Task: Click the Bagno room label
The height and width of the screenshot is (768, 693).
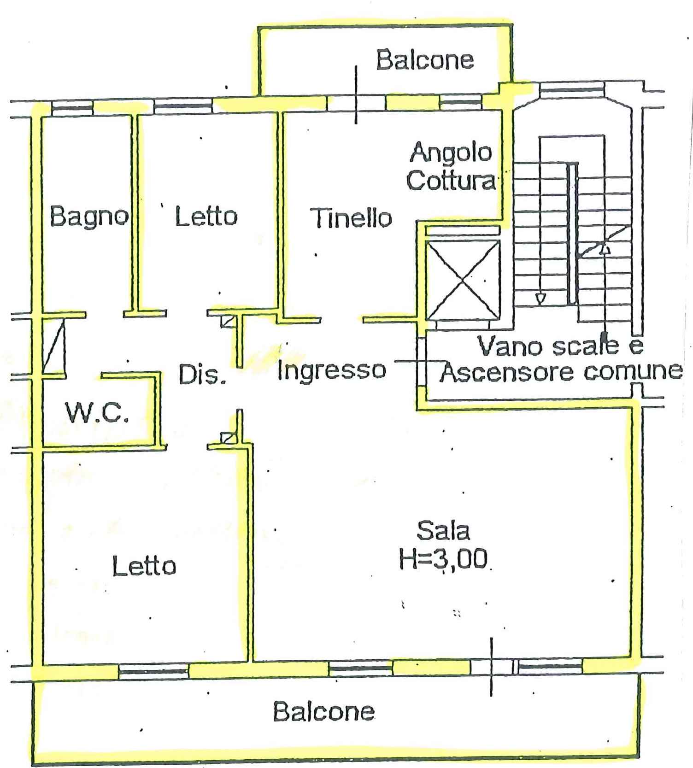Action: [x=89, y=217]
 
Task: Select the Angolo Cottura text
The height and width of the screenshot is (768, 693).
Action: [x=451, y=166]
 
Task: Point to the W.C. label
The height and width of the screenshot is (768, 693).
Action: [x=97, y=412]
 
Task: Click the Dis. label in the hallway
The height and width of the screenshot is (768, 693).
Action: [x=202, y=375]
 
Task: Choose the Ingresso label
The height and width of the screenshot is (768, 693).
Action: [x=332, y=370]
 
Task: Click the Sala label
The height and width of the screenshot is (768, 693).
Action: [x=443, y=531]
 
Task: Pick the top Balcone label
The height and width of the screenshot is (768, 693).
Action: [x=425, y=60]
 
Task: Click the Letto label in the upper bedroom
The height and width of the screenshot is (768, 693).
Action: [x=206, y=217]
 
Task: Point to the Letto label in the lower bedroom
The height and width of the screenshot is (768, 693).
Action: [x=144, y=566]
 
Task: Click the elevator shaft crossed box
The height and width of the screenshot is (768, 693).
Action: [x=462, y=280]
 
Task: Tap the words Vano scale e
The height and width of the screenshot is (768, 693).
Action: [x=560, y=346]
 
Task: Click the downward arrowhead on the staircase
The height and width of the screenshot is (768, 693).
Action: [x=540, y=299]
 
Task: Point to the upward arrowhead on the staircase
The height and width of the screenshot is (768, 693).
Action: [x=605, y=249]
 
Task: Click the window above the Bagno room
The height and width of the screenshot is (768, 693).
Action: [x=72, y=109]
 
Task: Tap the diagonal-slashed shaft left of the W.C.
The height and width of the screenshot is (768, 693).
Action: [x=53, y=347]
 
